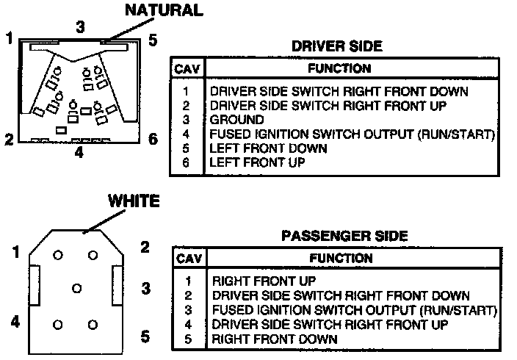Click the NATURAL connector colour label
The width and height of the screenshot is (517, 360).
[x=164, y=10]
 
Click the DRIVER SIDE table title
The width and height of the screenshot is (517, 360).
[x=336, y=46]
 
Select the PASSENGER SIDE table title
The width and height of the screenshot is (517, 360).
[x=344, y=237]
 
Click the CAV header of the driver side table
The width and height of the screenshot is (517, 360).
[x=186, y=69]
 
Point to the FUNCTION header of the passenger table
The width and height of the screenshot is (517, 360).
[x=341, y=259]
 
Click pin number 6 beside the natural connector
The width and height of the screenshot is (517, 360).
[x=152, y=139]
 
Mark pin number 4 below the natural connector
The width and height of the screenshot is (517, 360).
[x=79, y=154]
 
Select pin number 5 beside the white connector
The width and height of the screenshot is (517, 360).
[x=145, y=336]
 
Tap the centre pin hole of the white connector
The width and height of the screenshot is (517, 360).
[x=76, y=288]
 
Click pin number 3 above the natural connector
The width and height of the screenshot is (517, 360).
[x=81, y=26]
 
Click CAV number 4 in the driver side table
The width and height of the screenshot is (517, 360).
[x=187, y=134]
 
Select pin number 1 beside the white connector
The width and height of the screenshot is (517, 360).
[x=15, y=253]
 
